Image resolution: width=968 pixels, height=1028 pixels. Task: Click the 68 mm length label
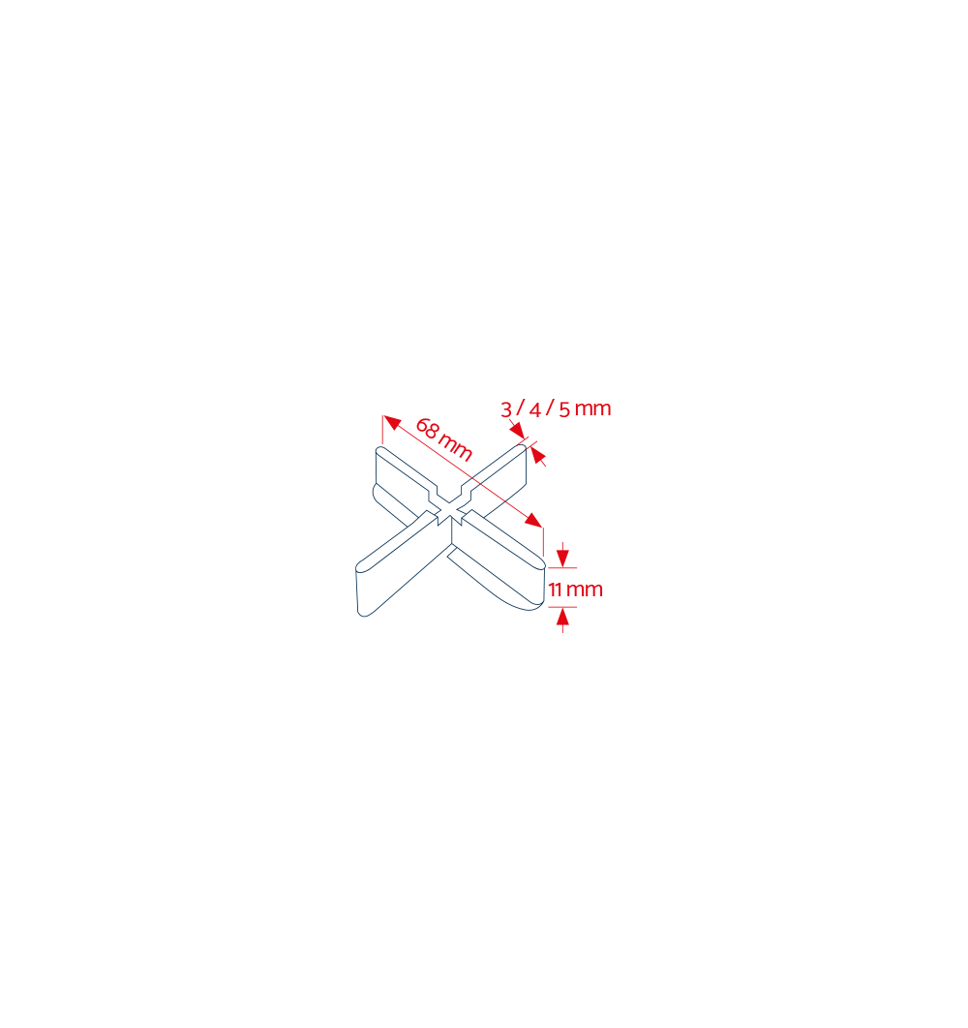pos(444,438)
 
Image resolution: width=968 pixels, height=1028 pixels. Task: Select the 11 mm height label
pos(576,590)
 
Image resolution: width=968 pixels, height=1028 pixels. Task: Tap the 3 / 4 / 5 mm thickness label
pos(556,408)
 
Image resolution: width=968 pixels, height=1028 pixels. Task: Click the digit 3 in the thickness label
pos(505,409)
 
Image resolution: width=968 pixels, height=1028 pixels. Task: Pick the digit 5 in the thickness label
pos(564,409)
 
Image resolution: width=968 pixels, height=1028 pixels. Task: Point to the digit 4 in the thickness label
pos(535,409)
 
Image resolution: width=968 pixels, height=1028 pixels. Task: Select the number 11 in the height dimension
pos(556,590)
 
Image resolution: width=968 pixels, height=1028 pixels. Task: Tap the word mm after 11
pos(585,590)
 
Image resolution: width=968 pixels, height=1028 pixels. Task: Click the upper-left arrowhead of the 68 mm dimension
pos(391,422)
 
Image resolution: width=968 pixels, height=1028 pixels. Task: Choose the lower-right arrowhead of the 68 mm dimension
pos(533,520)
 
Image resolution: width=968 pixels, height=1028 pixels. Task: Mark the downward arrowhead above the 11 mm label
pos(562,558)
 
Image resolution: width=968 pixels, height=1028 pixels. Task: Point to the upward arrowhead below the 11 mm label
pos(562,617)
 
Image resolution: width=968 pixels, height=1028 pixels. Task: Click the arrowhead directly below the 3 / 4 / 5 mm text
pos(518,430)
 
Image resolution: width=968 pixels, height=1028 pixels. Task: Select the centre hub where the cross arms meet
pos(450,513)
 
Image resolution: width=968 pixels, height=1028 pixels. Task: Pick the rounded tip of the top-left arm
pos(379,449)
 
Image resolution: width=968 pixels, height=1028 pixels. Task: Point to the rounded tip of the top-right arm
pos(523,448)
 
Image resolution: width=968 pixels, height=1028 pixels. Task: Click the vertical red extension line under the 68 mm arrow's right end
pos(544,541)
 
